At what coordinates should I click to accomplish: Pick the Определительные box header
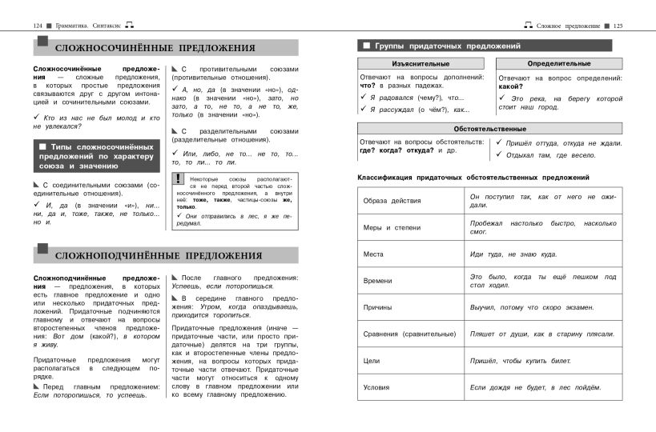click(559, 63)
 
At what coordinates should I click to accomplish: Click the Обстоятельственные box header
click(489, 128)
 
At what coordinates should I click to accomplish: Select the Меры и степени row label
click(392, 228)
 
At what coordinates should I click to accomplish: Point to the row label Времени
click(378, 281)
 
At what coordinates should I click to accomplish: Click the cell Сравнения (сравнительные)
click(409, 334)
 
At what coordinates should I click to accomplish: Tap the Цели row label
click(372, 361)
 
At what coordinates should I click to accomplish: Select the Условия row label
click(376, 387)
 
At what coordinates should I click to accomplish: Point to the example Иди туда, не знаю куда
click(513, 254)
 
